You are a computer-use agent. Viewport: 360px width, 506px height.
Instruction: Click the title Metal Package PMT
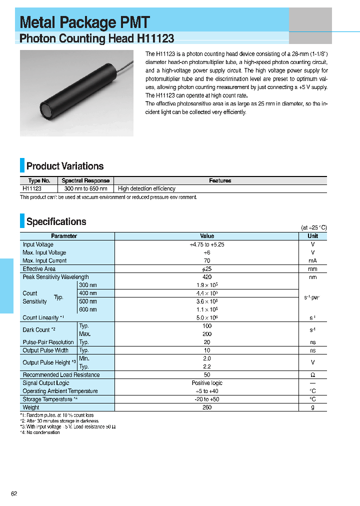pyautogui.click(x=84, y=22)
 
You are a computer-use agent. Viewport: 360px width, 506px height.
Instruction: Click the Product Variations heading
pyautogui.click(x=65, y=166)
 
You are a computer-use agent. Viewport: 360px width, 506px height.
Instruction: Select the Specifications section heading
pyautogui.click(x=56, y=221)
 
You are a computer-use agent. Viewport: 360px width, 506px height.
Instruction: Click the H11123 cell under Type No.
pyautogui.click(x=32, y=189)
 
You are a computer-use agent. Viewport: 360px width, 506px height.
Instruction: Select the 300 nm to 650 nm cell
pyautogui.click(x=85, y=189)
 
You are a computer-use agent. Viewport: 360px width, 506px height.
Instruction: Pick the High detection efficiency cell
pyautogui.click(x=146, y=189)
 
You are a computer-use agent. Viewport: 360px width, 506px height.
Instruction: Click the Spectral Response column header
pyautogui.click(x=85, y=180)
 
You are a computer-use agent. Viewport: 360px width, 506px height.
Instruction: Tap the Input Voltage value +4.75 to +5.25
pyautogui.click(x=207, y=244)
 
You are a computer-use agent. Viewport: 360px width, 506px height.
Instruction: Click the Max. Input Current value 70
pyautogui.click(x=207, y=260)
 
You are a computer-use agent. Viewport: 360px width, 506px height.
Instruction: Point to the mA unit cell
pyautogui.click(x=312, y=260)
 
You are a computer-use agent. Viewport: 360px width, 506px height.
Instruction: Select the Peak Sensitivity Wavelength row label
pyautogui.click(x=55, y=277)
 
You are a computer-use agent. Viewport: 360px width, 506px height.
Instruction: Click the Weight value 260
pyautogui.click(x=207, y=407)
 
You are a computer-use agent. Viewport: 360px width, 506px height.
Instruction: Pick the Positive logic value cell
pyautogui.click(x=207, y=383)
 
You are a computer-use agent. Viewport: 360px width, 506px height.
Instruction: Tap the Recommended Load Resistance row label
pyautogui.click(x=61, y=375)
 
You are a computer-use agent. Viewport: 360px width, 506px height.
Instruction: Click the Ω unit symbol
pyautogui.click(x=312, y=375)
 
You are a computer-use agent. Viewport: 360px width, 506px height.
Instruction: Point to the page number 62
pyautogui.click(x=14, y=494)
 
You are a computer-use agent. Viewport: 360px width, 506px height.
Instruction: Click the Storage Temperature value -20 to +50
pyautogui.click(x=207, y=399)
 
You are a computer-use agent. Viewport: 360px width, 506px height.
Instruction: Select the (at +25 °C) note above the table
pyautogui.click(x=313, y=227)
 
